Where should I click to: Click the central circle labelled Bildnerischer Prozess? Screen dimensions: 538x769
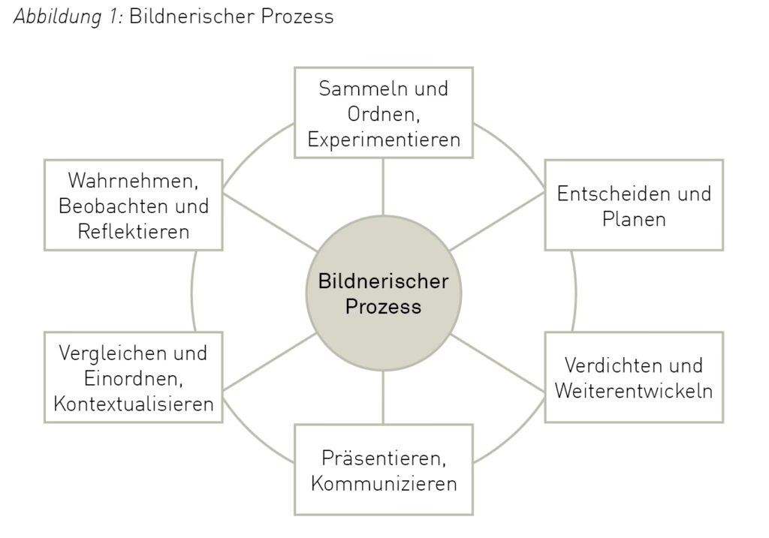[x=384, y=293]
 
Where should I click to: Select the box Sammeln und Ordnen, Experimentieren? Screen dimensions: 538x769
[x=384, y=113]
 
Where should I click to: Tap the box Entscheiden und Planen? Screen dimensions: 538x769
[x=634, y=205]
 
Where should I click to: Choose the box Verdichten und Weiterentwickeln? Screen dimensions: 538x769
[x=634, y=377]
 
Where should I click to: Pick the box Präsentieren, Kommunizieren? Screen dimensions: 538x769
[x=384, y=469]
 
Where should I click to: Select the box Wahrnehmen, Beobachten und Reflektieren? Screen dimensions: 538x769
[x=134, y=205]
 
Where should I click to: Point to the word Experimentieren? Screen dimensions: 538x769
[x=384, y=140]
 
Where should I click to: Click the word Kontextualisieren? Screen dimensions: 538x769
[x=134, y=404]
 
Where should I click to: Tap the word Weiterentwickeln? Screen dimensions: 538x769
[x=634, y=391]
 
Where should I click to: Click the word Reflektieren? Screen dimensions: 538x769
[x=134, y=231]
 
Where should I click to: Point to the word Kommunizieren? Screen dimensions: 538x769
[x=384, y=482]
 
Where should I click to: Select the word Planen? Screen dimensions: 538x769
[x=634, y=219]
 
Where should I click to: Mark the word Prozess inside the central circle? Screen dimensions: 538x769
[x=384, y=307]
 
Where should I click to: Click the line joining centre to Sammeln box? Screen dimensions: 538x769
[x=384, y=188]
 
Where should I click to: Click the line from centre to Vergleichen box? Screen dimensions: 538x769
[x=268, y=362]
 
